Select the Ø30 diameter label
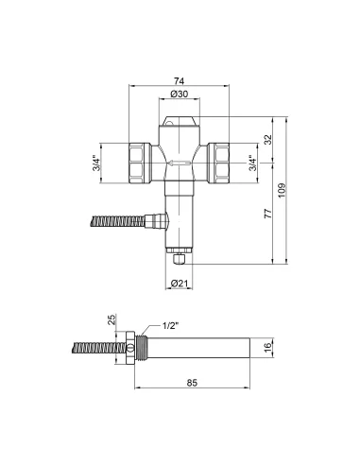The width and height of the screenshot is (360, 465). (x=179, y=95)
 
